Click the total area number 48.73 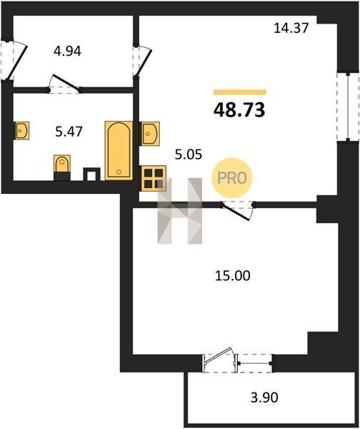[x=239, y=110]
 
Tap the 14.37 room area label [x=291, y=28]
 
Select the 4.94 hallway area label [x=67, y=51]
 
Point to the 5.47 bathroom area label [x=69, y=132]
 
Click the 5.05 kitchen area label [x=189, y=154]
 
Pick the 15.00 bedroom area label [x=233, y=276]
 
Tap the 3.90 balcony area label [x=264, y=398]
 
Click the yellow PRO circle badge [x=232, y=178]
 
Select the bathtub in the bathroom [x=119, y=151]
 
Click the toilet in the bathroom [x=62, y=167]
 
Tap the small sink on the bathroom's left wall [x=21, y=131]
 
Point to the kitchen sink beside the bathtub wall [x=149, y=134]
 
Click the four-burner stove [x=154, y=178]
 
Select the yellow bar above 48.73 [x=240, y=92]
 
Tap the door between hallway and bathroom [x=64, y=84]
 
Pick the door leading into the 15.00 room [x=238, y=209]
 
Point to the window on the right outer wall [x=348, y=107]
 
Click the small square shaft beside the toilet [x=91, y=174]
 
